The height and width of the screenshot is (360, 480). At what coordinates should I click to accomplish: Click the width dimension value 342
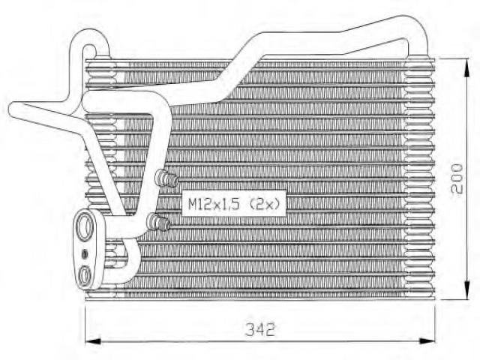pos(260,329)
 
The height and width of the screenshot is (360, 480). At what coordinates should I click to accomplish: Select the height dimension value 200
pos(457,178)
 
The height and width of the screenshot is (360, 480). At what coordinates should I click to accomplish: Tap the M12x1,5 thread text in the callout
pos(213,203)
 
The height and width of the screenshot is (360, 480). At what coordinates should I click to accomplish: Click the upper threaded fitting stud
pos(166,178)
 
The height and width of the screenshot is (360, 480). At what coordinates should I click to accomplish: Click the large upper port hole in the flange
pos(85,227)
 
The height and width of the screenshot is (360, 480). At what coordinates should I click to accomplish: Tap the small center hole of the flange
pos(85,253)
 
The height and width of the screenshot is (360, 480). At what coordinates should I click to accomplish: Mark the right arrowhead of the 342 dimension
pos(427,340)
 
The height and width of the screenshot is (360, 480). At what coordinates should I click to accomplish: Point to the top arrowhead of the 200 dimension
pos(466,67)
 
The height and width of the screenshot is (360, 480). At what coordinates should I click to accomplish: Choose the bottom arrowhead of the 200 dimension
pos(466,290)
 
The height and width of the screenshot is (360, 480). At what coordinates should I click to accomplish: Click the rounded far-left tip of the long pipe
pos(13,109)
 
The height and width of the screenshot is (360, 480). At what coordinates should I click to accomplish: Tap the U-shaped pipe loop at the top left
pos(89,37)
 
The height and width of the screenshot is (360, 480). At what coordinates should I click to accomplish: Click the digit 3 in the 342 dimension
pos(250,329)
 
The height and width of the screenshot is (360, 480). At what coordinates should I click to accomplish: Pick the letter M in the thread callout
pos(193,203)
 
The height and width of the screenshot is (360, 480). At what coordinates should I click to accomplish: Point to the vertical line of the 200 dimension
pos(466,178)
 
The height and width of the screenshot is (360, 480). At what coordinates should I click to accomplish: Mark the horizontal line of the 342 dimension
pos(260,340)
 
